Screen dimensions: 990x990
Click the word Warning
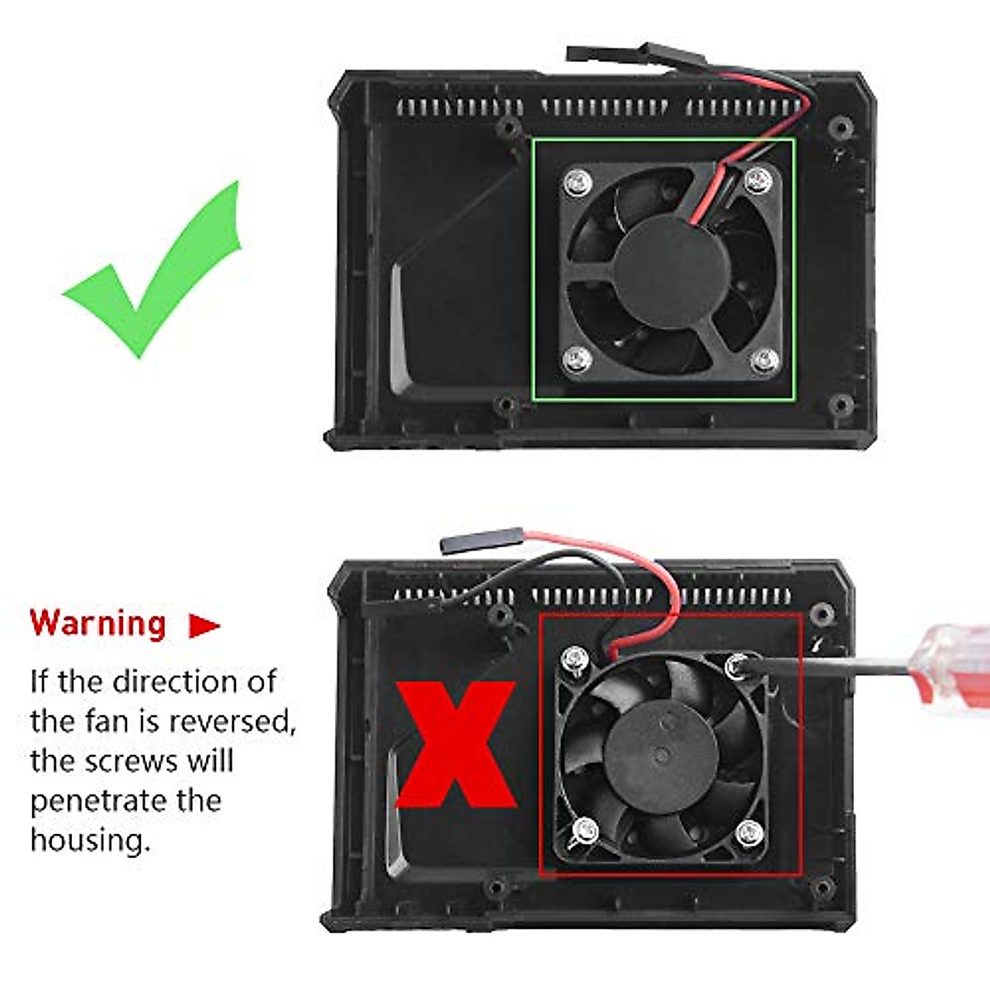98,623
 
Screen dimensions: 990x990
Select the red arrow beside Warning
203,625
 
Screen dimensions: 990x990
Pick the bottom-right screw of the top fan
765,359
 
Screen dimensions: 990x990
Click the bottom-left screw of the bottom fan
585,830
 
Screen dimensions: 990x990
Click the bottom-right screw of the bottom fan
749,832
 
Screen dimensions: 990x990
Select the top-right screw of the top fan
757,180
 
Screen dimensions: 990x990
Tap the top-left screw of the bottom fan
575,658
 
